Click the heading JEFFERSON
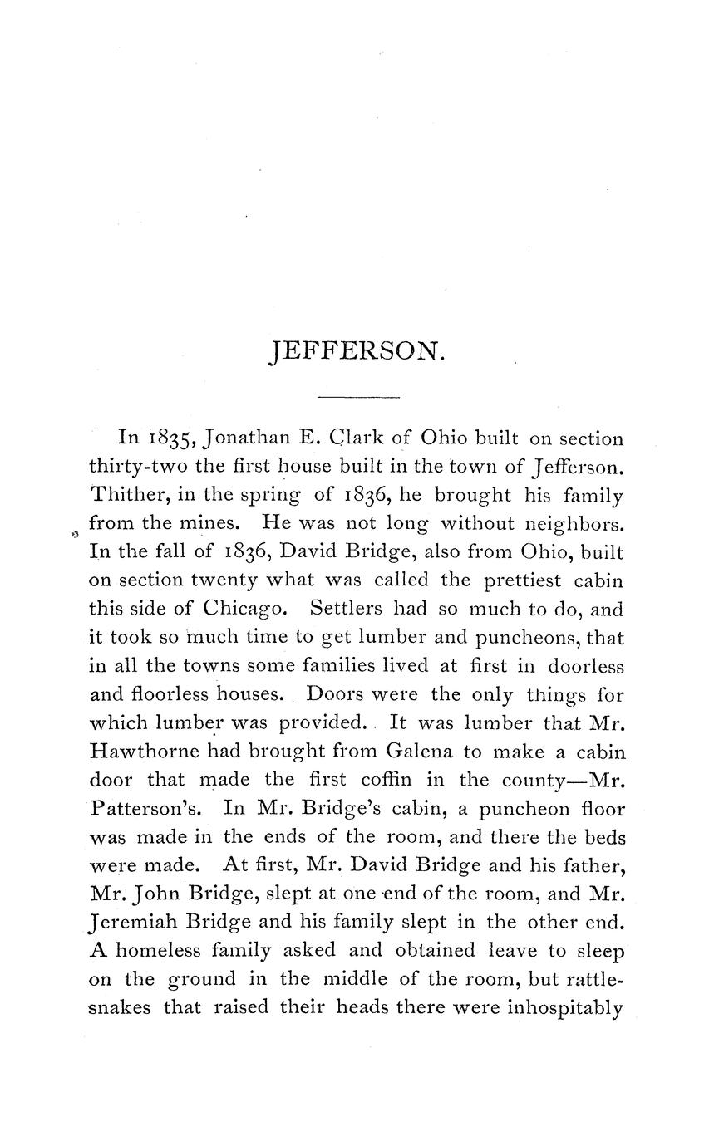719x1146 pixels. (x=358, y=352)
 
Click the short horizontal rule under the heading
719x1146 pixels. (x=359, y=398)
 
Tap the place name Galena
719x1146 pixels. (x=418, y=752)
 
